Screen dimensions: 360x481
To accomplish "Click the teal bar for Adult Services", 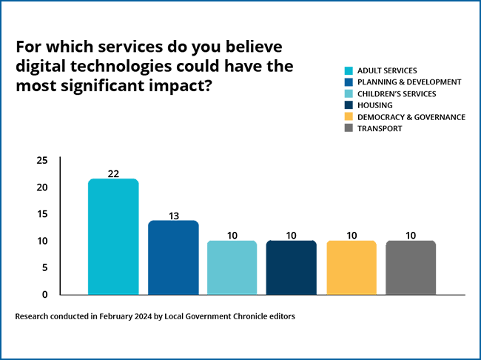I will coord(113,237).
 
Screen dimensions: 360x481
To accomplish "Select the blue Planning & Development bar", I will coord(173,258).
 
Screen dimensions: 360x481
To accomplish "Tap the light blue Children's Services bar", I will coord(232,267).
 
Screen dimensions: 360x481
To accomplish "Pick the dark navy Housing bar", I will coord(292,267).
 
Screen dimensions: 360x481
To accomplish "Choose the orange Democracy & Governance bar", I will coord(351,267).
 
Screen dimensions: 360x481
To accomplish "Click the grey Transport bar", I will coord(411,267).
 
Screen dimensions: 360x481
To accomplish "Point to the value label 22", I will coord(113,173).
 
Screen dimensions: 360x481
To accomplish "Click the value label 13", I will coord(173,215).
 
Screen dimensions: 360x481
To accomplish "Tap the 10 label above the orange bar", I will coord(351,236).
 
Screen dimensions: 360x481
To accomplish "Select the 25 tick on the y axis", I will coord(42,161).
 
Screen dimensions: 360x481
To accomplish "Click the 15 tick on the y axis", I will coord(42,214).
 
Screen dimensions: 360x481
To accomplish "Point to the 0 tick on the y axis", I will coord(45,294).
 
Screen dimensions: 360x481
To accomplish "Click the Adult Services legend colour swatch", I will coord(349,71).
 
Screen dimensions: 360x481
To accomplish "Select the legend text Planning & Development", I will coord(409,82).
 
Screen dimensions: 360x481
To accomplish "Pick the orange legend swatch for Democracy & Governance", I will coord(349,117).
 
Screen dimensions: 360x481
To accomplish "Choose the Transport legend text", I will coord(381,128).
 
